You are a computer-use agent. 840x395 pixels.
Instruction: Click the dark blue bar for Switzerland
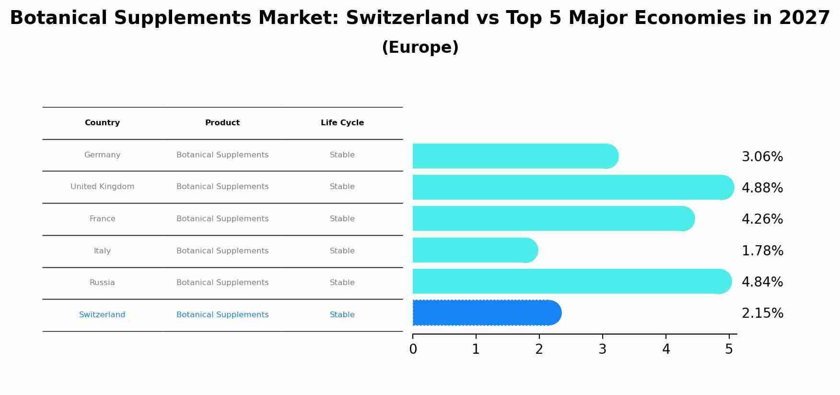click(x=484, y=313)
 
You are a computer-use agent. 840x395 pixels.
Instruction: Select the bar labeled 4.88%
click(x=571, y=187)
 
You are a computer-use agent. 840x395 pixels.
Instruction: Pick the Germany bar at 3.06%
click(x=513, y=156)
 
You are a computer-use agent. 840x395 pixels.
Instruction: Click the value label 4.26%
click(x=762, y=219)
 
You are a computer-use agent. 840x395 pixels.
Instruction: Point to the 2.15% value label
click(x=762, y=313)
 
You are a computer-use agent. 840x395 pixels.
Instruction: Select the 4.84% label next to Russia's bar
click(x=762, y=282)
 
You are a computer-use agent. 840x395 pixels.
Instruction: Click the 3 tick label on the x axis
click(x=602, y=349)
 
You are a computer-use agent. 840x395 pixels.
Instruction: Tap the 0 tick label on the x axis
click(x=413, y=349)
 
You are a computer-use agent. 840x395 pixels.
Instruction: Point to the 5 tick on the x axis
click(x=729, y=349)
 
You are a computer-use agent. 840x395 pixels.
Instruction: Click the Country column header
click(x=102, y=123)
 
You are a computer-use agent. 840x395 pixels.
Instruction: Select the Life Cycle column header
click(x=342, y=123)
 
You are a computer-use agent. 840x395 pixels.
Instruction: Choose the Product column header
click(x=222, y=123)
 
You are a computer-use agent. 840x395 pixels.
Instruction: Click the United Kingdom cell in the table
click(x=102, y=187)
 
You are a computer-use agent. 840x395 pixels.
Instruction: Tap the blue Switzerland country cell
click(x=102, y=315)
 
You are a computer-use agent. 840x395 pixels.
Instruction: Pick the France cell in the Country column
click(x=102, y=219)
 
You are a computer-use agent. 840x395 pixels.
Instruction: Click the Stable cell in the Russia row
click(x=342, y=283)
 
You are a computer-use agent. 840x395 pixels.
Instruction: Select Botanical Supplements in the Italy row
click(x=222, y=251)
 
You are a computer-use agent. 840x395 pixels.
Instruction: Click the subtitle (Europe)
click(x=420, y=48)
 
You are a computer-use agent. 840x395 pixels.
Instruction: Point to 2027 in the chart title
click(x=804, y=18)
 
